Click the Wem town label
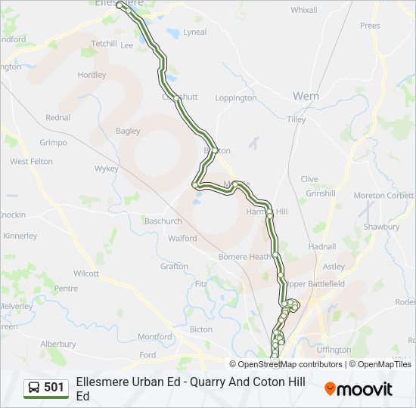tap(306, 96)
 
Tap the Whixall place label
tap(304, 10)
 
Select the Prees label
tap(370, 25)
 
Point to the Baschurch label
tap(163, 221)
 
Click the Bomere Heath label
tap(244, 257)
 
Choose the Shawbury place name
tap(381, 227)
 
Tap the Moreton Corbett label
tap(383, 196)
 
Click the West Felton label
tap(31, 162)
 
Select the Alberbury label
tap(58, 344)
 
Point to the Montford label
tap(155, 337)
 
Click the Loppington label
tap(236, 98)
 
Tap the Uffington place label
tap(334, 350)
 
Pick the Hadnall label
tap(322, 246)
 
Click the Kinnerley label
tap(20, 236)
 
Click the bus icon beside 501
tap(34, 388)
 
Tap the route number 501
tap(54, 388)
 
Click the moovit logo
tap(359, 389)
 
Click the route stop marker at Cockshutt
tap(175, 97)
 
